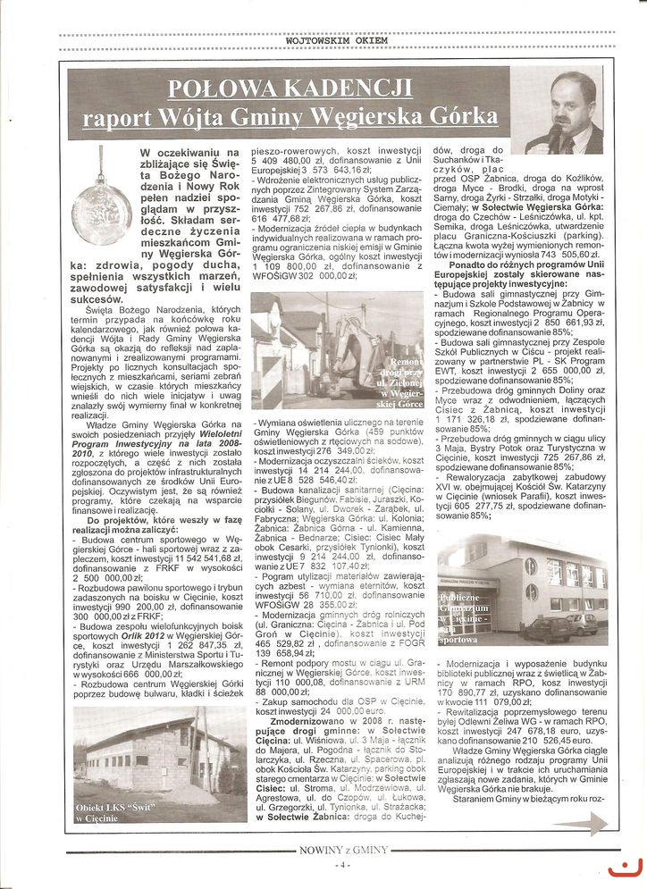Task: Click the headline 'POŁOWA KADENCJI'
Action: click(x=290, y=88)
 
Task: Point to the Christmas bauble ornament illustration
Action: click(x=101, y=206)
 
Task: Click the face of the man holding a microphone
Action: click(x=573, y=100)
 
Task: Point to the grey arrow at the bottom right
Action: click(x=585, y=822)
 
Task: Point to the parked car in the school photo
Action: click(x=581, y=623)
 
